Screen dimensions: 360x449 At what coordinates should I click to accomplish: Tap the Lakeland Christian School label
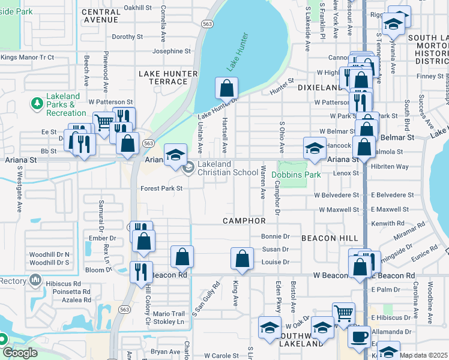pyautogui.click(x=228, y=169)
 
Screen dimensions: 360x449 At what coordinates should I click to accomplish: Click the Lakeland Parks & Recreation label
pyautogui.click(x=66, y=104)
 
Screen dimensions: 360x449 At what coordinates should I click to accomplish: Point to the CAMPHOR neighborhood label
pyautogui.click(x=244, y=221)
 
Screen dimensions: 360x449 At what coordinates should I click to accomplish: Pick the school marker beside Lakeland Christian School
pyautogui.click(x=175, y=155)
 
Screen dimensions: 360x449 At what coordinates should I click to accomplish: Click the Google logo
pyautogui.click(x=19, y=353)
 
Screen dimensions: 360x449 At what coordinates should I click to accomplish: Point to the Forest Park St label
pyautogui.click(x=161, y=188)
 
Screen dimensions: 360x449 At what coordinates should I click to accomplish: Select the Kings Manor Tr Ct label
pyautogui.click(x=28, y=58)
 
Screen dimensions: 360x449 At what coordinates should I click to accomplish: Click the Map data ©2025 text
pyautogui.click(x=424, y=355)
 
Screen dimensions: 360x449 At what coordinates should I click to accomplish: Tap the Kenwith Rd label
pyautogui.click(x=390, y=223)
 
